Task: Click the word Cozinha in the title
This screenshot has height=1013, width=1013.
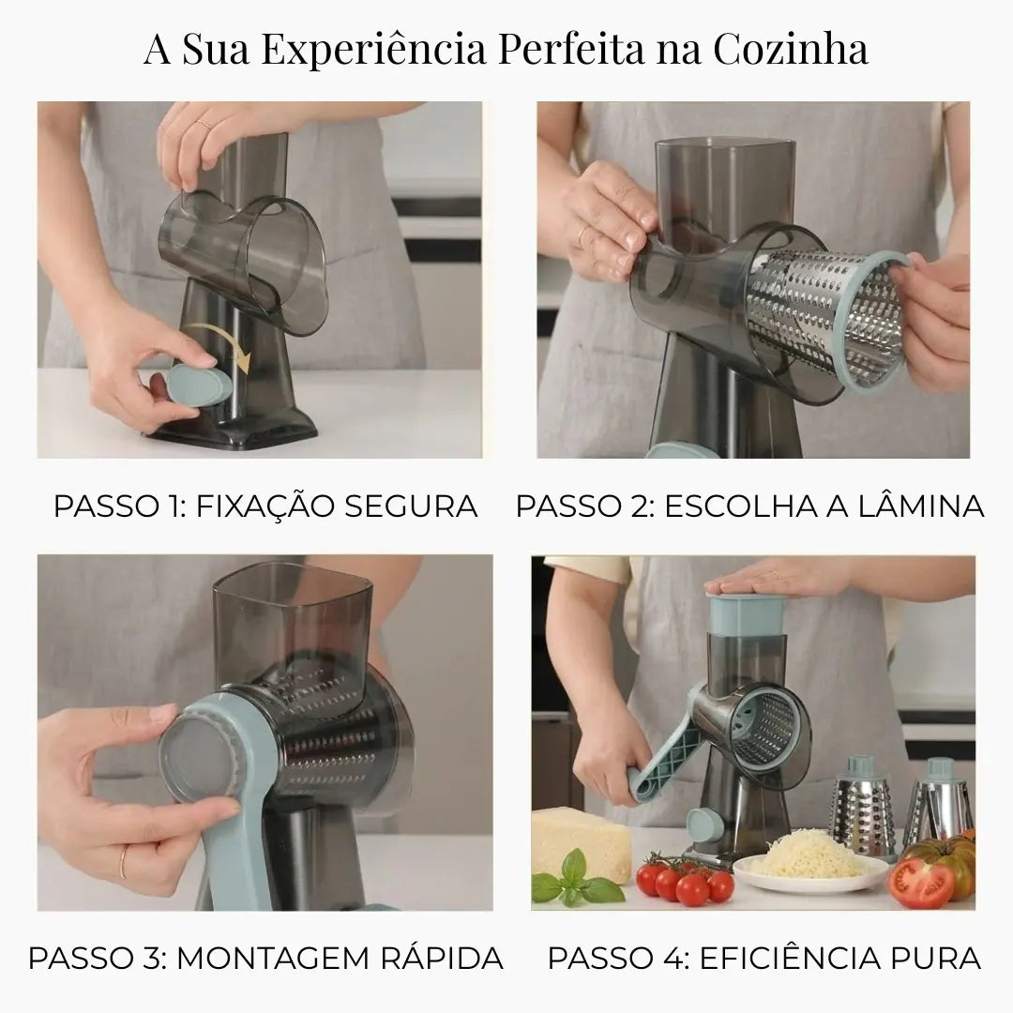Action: [x=791, y=49]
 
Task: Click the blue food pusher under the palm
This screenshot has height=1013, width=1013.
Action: [x=747, y=613]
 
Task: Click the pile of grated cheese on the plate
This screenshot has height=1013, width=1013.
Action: [x=805, y=854]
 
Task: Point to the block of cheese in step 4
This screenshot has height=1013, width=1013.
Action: [x=582, y=839]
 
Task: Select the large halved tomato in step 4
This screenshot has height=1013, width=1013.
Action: [x=924, y=879]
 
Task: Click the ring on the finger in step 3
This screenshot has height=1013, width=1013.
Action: [x=122, y=863]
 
